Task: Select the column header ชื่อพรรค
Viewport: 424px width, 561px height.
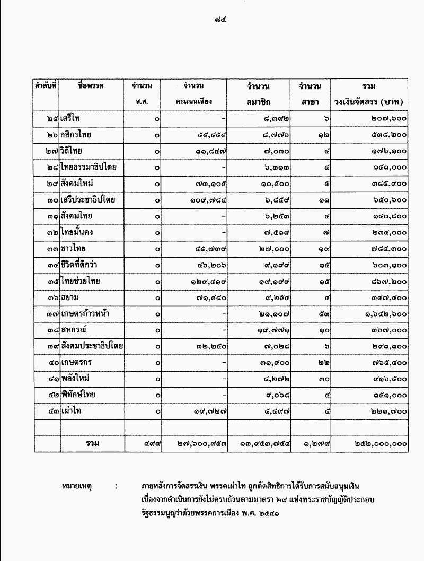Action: pos(90,85)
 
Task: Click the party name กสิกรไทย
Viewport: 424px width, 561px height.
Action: pos(76,135)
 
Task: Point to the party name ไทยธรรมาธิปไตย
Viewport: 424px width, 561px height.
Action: pos(88,168)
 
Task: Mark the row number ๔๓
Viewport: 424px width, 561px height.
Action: pos(51,410)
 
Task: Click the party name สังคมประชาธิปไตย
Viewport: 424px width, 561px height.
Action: pos(92,346)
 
